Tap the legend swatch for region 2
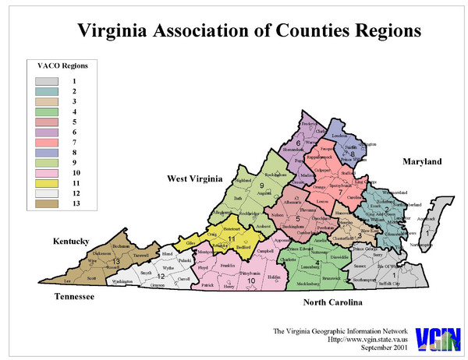tap(46, 91)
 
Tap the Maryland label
tap(422, 161)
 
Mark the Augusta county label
tap(268, 192)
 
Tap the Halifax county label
tap(273, 278)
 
